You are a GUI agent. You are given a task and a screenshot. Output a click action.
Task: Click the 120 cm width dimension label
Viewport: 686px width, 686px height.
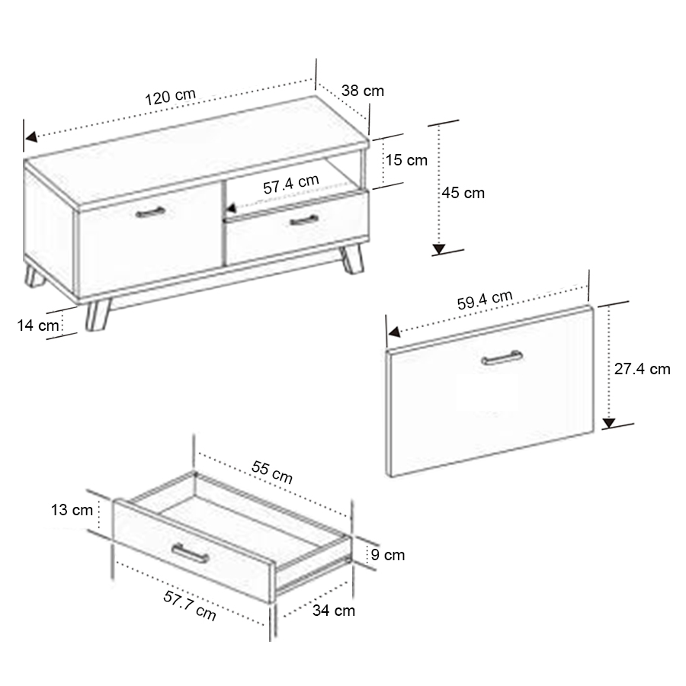click(x=170, y=97)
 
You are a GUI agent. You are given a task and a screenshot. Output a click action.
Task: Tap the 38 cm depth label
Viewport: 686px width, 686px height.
click(x=363, y=91)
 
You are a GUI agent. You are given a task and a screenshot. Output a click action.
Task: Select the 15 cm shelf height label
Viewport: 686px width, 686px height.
click(x=406, y=160)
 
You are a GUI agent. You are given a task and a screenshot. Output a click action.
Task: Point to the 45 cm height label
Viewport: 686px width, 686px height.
click(x=463, y=193)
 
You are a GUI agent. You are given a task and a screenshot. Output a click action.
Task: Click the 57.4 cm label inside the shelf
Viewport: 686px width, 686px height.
click(x=291, y=184)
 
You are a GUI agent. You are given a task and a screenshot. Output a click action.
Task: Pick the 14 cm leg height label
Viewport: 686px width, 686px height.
click(x=38, y=325)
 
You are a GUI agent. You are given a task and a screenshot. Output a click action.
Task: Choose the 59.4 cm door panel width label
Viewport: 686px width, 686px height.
click(x=485, y=300)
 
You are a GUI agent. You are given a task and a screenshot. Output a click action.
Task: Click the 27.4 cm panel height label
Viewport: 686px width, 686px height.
click(x=643, y=369)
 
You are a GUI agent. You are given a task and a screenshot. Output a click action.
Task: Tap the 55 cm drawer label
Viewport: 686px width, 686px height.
click(x=272, y=472)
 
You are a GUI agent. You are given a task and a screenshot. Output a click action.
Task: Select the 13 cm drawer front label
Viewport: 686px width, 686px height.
click(x=72, y=510)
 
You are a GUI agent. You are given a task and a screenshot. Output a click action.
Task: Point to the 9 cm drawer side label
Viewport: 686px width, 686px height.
click(x=388, y=555)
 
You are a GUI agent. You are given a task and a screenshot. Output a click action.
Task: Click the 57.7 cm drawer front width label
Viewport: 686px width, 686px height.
click(x=190, y=605)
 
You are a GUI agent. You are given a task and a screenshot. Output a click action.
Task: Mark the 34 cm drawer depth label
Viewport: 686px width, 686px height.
click(x=334, y=611)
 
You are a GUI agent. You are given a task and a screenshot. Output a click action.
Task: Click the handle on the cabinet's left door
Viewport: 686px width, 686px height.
click(x=150, y=213)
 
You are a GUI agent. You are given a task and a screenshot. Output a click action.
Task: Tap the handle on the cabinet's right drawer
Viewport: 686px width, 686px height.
click(x=304, y=220)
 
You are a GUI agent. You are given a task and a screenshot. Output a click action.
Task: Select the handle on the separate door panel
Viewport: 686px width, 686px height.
click(x=502, y=358)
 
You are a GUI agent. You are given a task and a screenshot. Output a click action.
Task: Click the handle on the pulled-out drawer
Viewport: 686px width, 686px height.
click(x=190, y=553)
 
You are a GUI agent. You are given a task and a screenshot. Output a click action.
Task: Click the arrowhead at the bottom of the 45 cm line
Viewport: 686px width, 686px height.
click(x=439, y=249)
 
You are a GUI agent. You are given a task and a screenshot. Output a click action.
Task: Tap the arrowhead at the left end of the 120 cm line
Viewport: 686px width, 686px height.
click(x=30, y=137)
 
